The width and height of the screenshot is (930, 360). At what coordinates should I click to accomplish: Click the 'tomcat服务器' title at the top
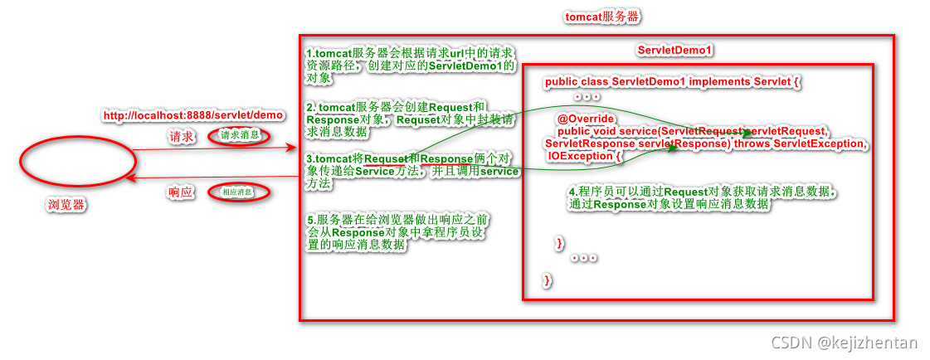(x=602, y=17)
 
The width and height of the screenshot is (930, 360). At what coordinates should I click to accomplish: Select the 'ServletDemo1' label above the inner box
(x=675, y=51)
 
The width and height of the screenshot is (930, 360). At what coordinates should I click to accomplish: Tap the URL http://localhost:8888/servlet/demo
(x=193, y=115)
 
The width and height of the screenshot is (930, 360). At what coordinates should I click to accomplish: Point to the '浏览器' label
(x=69, y=204)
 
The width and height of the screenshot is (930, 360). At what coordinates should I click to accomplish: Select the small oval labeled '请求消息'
(x=239, y=136)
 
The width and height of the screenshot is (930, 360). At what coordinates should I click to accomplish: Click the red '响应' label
(x=180, y=192)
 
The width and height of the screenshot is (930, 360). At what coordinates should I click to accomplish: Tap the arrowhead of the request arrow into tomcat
(x=292, y=148)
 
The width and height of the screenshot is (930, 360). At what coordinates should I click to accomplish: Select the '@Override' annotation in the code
(x=585, y=119)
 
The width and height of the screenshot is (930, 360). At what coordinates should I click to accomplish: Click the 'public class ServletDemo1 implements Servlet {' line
(x=673, y=82)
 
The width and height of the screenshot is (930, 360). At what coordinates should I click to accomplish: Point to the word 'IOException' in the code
(x=581, y=156)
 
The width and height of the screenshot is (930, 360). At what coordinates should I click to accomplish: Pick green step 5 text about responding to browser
(x=398, y=233)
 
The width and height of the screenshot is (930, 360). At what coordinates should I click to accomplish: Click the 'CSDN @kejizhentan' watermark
(x=845, y=343)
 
